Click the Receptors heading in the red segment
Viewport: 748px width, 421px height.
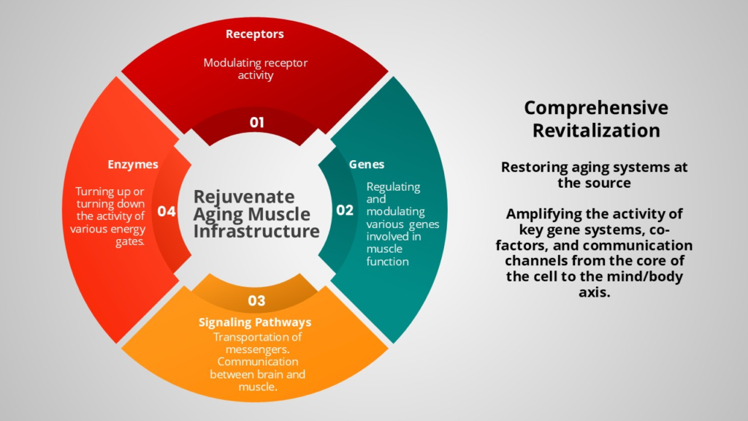click(x=254, y=34)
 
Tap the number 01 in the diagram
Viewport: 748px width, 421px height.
click(x=256, y=122)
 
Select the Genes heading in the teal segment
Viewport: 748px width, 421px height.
click(x=367, y=164)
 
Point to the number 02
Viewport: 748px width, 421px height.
click(x=344, y=210)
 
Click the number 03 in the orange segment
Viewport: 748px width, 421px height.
click(x=256, y=300)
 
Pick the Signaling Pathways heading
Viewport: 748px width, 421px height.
click(x=255, y=322)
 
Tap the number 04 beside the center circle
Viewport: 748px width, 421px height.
click(x=167, y=211)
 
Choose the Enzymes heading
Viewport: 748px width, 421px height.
click(x=133, y=164)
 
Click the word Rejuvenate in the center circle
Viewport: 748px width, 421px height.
click(x=244, y=197)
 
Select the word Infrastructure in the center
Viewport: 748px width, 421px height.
click(x=256, y=232)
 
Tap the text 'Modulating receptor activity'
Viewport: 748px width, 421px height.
click(x=255, y=69)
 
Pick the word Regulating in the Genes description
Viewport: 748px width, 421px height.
click(x=393, y=186)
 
